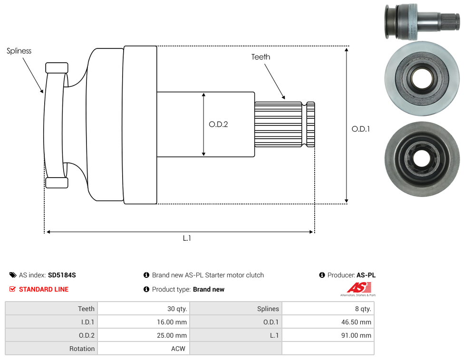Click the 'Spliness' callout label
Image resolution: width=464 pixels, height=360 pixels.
pyautogui.click(x=19, y=51)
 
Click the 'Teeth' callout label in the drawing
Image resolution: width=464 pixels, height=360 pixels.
pyautogui.click(x=261, y=57)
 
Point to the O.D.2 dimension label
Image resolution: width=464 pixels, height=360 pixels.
pyautogui.click(x=218, y=124)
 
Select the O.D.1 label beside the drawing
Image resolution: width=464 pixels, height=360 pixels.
pyautogui.click(x=361, y=129)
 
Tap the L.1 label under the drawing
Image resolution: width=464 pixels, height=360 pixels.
pyautogui.click(x=187, y=238)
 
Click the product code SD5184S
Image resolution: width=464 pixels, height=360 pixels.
pyautogui.click(x=62, y=275)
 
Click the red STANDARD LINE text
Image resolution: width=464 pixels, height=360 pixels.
pyautogui.click(x=44, y=289)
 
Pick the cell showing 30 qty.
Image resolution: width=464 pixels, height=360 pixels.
pyautogui.click(x=144, y=309)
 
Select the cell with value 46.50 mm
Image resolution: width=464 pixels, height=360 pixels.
pyautogui.click(x=328, y=322)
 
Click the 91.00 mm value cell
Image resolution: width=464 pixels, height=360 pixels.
pyautogui.click(x=328, y=335)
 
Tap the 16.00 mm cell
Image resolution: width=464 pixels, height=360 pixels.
pyautogui.click(x=144, y=322)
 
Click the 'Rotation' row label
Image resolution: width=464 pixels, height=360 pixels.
pyautogui.click(x=82, y=349)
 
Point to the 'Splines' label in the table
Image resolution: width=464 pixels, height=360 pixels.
pyautogui.click(x=268, y=309)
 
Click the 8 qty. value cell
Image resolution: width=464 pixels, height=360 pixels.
pyautogui.click(x=328, y=309)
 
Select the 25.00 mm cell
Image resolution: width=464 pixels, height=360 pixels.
pyautogui.click(x=144, y=335)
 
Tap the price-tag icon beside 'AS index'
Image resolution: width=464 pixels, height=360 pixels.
pyautogui.click(x=13, y=275)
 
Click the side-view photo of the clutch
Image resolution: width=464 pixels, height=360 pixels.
pyautogui.click(x=422, y=21)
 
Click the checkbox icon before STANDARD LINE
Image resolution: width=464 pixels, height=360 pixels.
pyautogui.click(x=12, y=289)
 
